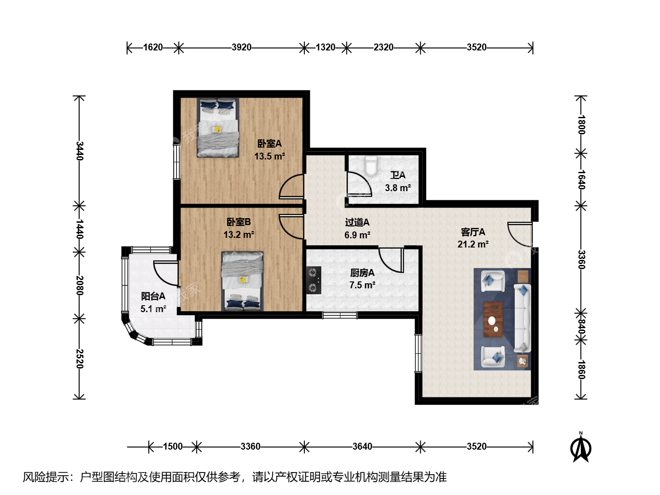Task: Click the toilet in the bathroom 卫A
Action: [x=371, y=166]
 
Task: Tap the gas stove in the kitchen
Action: [x=313, y=280]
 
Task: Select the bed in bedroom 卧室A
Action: [x=218, y=127]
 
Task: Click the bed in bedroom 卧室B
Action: [x=242, y=281]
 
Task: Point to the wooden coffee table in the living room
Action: [x=493, y=319]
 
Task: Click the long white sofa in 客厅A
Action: [x=522, y=318]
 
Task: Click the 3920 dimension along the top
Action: [x=242, y=48]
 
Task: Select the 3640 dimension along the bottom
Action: [x=363, y=446]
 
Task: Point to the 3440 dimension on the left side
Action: [x=79, y=151]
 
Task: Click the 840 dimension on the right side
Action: [x=581, y=327]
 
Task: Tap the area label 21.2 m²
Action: [x=473, y=244]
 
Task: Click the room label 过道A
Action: [x=357, y=222]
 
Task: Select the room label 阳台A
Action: [x=153, y=297]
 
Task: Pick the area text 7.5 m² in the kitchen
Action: [x=363, y=285]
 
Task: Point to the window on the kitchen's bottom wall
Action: [x=340, y=315]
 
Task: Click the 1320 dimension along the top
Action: [x=325, y=48]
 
